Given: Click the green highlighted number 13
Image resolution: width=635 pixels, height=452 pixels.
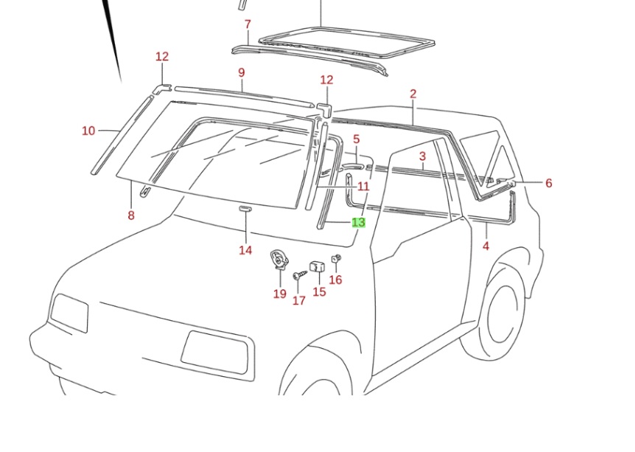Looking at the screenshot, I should pos(359,222).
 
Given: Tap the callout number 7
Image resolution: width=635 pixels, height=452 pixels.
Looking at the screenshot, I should pos(248,24).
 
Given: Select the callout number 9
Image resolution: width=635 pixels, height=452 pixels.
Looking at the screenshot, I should pos(241,72).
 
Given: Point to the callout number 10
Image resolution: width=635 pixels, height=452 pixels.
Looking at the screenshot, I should pos(88,130).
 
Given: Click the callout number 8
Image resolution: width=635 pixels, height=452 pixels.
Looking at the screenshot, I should pos(131,216).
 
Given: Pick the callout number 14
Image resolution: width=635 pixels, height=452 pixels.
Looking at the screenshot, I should pos(245,250).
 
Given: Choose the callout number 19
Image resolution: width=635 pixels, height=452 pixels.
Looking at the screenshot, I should pos(279,294).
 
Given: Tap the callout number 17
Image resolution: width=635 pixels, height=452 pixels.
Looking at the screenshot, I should pos(298,300).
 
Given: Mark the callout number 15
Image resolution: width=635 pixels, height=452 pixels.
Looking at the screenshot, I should pos(319,292).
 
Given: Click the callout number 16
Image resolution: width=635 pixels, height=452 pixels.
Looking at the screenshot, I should pos(335,280).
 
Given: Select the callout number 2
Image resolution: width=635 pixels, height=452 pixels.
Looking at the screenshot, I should pos(413,93).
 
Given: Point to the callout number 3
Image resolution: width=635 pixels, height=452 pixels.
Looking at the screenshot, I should pos(423,156).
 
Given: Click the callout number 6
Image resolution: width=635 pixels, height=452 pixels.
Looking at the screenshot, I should pos(549,183).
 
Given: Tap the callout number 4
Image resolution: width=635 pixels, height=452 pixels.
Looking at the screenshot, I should pos(485,246).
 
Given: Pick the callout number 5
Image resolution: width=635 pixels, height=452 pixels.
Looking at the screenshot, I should pos(357,139).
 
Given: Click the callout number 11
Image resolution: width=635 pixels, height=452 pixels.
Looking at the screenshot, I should pos(363,187).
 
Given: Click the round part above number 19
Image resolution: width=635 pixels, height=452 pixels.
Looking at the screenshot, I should pos(279,259).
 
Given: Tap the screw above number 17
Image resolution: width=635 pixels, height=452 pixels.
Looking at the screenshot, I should pos(299,275).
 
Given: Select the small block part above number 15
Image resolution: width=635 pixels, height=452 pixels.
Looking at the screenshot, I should pos(317,266).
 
